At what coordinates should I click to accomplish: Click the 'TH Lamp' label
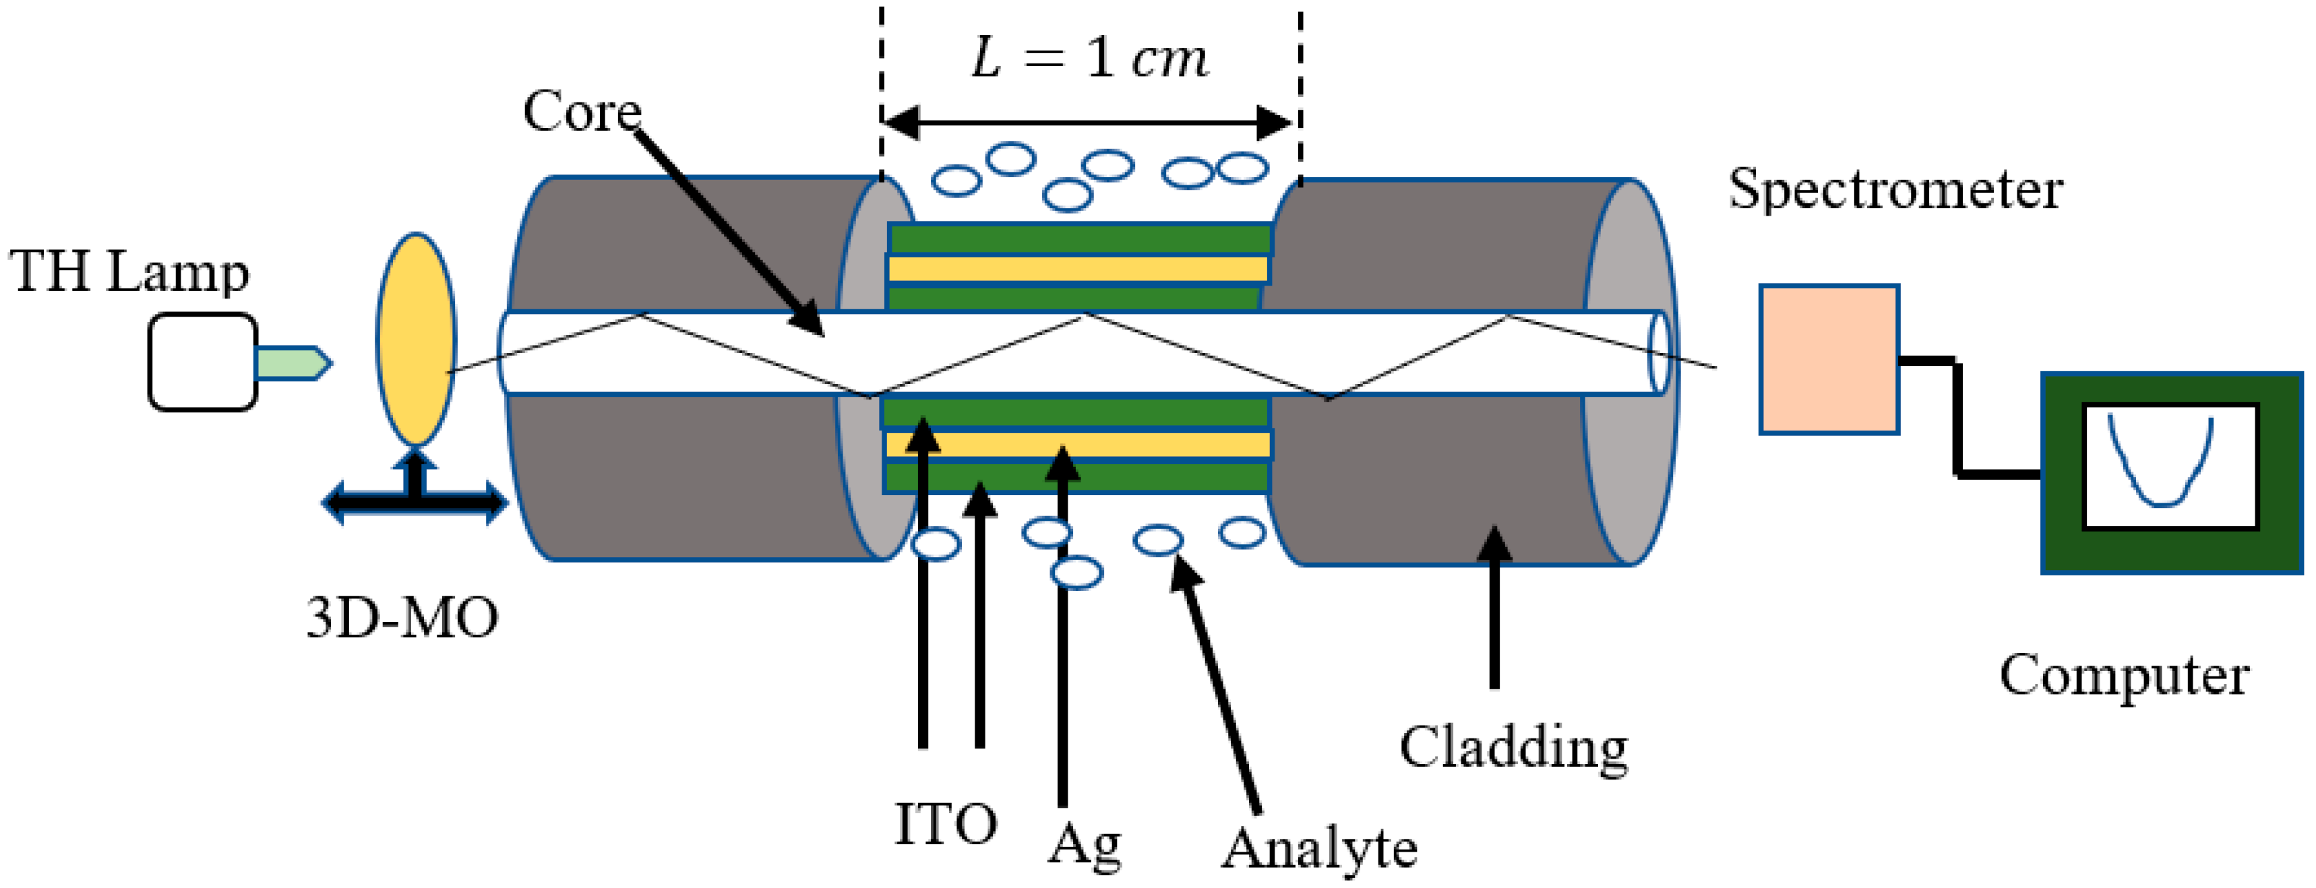click(129, 271)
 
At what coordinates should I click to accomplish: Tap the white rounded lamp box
click(202, 362)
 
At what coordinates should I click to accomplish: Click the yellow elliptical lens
click(415, 340)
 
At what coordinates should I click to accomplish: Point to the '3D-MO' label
click(402, 619)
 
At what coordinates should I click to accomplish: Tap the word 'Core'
click(582, 111)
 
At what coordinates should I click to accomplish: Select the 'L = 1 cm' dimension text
click(1090, 59)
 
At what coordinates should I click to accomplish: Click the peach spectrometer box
click(1829, 360)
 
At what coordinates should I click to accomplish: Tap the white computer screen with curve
click(2170, 466)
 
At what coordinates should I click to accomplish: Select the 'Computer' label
click(2124, 675)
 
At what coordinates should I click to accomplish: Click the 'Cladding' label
click(1513, 747)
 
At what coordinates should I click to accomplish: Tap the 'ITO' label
click(946, 823)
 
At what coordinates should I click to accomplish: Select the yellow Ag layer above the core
click(1077, 269)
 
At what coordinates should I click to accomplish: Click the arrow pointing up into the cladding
click(1494, 611)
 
